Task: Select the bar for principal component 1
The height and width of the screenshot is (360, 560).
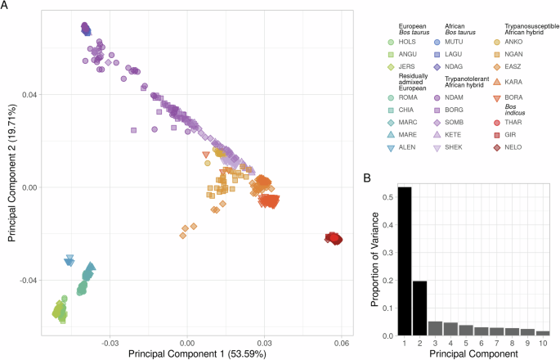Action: point(404,261)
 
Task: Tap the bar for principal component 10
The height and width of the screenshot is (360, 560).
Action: point(544,333)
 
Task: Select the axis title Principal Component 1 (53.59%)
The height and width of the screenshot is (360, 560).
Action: point(191,354)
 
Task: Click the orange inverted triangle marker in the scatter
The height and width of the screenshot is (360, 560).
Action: point(206,155)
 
